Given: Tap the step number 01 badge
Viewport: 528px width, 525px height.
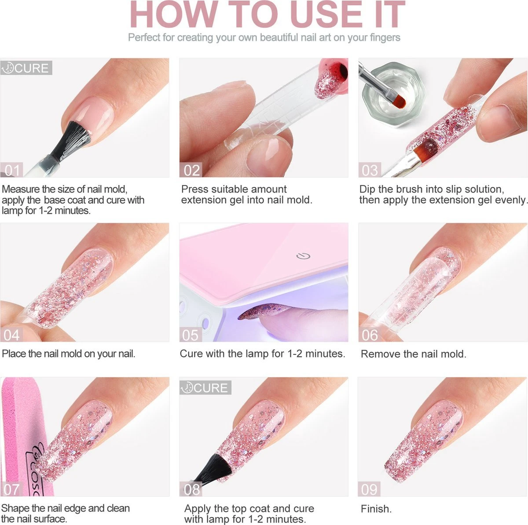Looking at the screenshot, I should (12, 170).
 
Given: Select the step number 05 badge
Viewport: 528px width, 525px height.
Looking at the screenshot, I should (190, 335).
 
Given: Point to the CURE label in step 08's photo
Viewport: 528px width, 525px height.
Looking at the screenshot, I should (205, 388).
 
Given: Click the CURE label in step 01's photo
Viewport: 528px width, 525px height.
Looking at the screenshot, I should (26, 68).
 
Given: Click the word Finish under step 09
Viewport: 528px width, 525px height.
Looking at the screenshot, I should (375, 509).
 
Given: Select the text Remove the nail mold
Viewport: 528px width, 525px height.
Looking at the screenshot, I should (413, 354).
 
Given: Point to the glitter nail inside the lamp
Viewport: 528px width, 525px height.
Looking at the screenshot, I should (264, 313).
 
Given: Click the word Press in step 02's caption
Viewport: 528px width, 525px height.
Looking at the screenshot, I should (194, 189).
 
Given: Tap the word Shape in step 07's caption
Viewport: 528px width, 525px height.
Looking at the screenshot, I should (15, 508).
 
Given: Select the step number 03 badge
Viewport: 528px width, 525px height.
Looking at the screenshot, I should (370, 170).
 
